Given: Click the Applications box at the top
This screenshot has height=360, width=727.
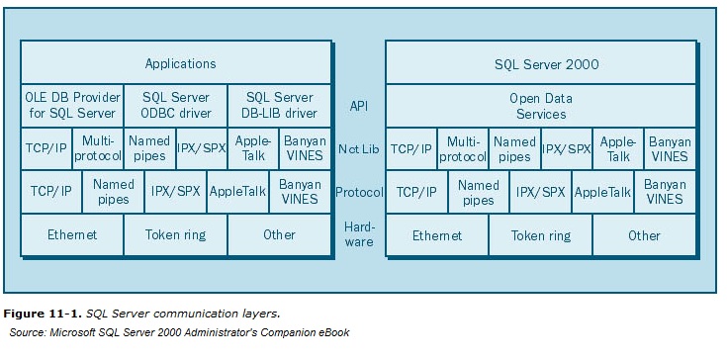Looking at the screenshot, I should click(x=180, y=63).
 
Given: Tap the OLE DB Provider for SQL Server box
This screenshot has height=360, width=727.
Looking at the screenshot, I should click(x=72, y=105).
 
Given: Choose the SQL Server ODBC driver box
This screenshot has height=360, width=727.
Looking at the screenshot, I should click(x=175, y=105).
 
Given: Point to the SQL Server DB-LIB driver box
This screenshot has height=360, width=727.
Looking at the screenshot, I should click(x=279, y=105).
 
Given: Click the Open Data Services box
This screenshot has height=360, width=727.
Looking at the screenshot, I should click(x=541, y=105).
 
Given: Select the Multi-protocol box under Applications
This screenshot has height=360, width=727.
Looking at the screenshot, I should click(x=98, y=148).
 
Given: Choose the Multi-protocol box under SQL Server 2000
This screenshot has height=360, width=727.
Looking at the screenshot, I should click(x=463, y=148).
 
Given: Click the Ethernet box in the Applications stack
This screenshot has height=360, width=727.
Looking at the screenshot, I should click(x=72, y=234).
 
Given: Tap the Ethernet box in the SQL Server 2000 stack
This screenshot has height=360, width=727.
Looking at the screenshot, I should click(x=437, y=235).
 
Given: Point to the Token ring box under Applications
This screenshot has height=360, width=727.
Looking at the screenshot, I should click(x=175, y=234).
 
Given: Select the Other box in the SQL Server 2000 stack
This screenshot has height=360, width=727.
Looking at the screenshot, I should click(x=644, y=235).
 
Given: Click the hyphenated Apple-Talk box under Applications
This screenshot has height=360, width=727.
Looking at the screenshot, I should click(x=253, y=148).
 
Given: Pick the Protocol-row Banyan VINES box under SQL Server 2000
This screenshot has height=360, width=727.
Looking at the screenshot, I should click(x=665, y=192).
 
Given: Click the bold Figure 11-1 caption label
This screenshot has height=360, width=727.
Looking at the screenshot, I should click(x=43, y=314).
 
